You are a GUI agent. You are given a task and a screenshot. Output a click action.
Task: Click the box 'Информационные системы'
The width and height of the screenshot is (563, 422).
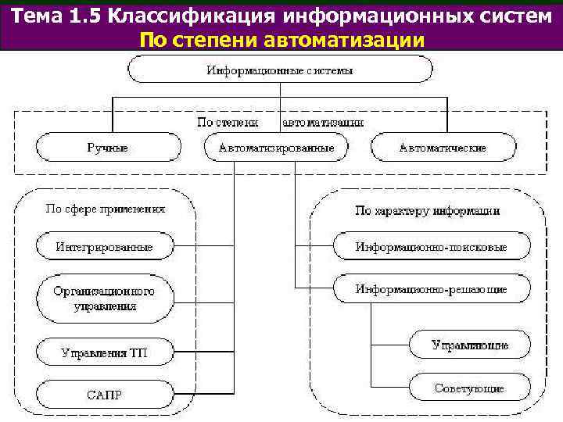(280, 70)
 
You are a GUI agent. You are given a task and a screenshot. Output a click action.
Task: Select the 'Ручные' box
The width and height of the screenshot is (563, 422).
(107, 147)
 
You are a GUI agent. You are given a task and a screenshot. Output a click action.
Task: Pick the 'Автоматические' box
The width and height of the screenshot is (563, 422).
(443, 147)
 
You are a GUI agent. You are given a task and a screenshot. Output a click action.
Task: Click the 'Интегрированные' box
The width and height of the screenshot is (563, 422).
(104, 247)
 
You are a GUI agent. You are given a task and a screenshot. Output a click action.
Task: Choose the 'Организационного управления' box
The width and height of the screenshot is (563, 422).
(104, 298)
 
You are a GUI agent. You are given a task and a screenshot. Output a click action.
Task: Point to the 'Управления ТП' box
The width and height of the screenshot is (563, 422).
(104, 352)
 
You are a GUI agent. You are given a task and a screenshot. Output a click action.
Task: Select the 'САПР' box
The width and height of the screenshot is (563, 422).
(104, 392)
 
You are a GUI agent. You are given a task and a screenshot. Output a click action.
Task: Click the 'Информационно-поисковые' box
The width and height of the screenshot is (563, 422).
(432, 247)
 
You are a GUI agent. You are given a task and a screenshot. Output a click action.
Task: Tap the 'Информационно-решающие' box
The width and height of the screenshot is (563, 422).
(432, 289)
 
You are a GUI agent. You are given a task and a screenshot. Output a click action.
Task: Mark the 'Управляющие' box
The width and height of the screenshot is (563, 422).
(470, 345)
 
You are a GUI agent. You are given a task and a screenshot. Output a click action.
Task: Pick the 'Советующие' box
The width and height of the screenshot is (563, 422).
(470, 388)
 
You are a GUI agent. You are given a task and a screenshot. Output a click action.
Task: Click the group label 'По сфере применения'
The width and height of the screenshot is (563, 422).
(105, 209)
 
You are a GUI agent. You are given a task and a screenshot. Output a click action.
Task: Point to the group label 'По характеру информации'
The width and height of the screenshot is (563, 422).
(427, 210)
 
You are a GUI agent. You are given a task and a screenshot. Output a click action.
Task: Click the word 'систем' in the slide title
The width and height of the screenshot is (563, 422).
(513, 16)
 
